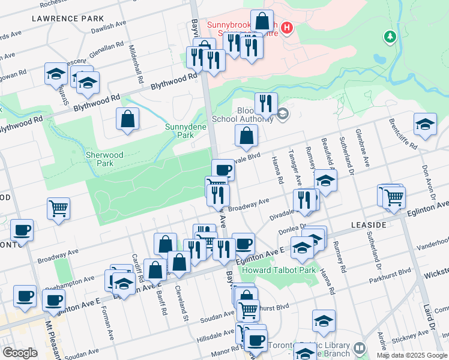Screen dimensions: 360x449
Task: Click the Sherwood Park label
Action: click(x=104, y=159)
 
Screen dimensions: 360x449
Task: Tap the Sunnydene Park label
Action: click(x=185, y=131)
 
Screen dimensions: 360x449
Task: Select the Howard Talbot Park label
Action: click(x=282, y=271)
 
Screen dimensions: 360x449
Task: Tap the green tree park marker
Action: click(x=390, y=37)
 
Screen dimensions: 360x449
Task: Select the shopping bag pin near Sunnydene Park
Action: click(x=128, y=119)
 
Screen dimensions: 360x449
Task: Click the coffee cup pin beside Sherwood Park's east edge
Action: click(x=223, y=170)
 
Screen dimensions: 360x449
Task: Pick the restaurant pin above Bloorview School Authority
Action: click(x=265, y=103)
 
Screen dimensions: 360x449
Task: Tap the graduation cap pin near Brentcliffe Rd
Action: click(x=425, y=124)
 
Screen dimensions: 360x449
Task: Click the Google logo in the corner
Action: click(x=20, y=353)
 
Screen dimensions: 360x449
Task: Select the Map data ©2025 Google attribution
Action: click(x=412, y=355)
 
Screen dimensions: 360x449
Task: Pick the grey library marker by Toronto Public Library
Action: click(x=359, y=348)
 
